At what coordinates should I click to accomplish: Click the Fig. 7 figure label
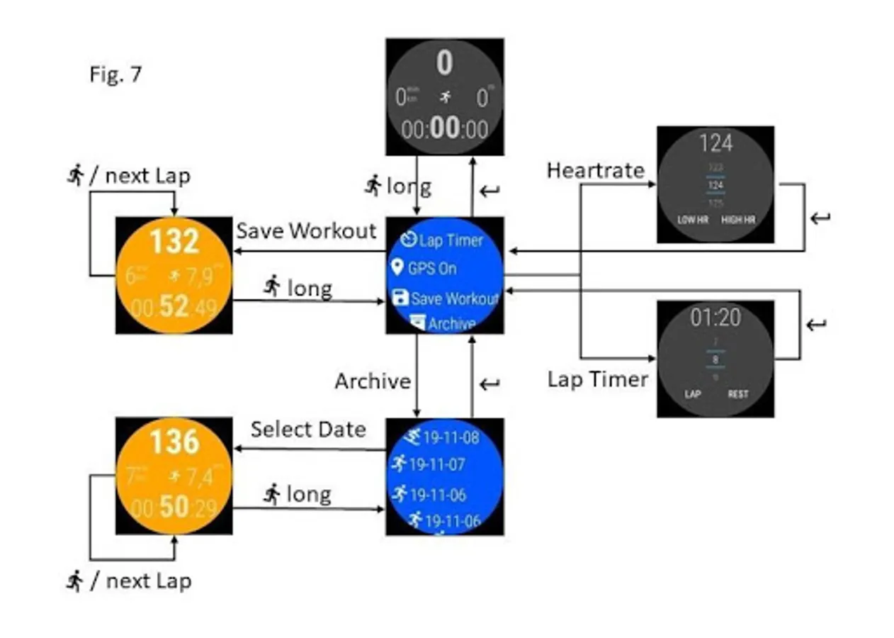click(115, 74)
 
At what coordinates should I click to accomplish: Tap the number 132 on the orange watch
click(174, 242)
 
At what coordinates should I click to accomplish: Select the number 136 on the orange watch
click(174, 442)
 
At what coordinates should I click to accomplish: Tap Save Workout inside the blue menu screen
click(446, 298)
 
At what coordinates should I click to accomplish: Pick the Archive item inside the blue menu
click(443, 324)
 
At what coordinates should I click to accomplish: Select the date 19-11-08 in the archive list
click(443, 437)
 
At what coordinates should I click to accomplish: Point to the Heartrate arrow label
click(595, 170)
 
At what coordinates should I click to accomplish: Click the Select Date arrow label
click(308, 429)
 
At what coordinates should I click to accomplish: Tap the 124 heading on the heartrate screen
click(715, 144)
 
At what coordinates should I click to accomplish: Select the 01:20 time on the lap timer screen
click(715, 318)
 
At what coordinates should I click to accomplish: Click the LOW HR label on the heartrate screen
click(693, 220)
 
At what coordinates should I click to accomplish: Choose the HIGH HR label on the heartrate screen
click(738, 220)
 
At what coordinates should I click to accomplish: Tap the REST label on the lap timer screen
click(738, 394)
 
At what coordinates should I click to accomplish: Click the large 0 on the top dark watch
click(444, 64)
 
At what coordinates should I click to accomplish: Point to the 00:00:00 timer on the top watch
click(445, 130)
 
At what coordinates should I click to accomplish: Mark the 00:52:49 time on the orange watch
click(174, 308)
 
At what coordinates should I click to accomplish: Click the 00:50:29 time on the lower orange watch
click(174, 508)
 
